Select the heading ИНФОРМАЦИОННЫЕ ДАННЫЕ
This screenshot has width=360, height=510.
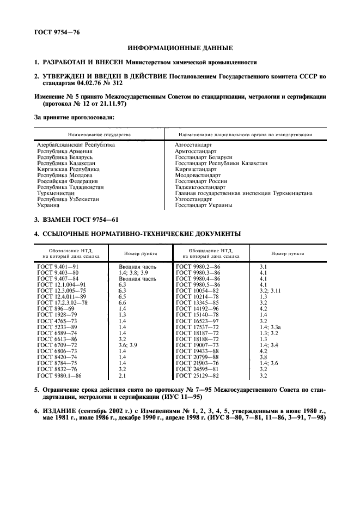tap(180, 48)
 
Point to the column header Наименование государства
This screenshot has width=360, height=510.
tap(100, 134)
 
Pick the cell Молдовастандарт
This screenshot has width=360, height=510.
tap(198, 175)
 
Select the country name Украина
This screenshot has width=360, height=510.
tap(48, 205)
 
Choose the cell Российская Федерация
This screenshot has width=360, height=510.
tap(68, 181)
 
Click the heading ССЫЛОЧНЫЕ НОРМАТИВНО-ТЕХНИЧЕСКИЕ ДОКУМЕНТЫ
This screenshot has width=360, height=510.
tap(141, 234)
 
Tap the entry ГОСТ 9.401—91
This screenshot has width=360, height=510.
tap(58, 266)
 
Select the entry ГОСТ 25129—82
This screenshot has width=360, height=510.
tap(198, 375)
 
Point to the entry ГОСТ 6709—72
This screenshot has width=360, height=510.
tap(57, 345)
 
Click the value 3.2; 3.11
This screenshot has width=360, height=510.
tap(271, 290)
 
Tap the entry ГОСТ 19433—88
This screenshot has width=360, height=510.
tap(198, 351)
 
